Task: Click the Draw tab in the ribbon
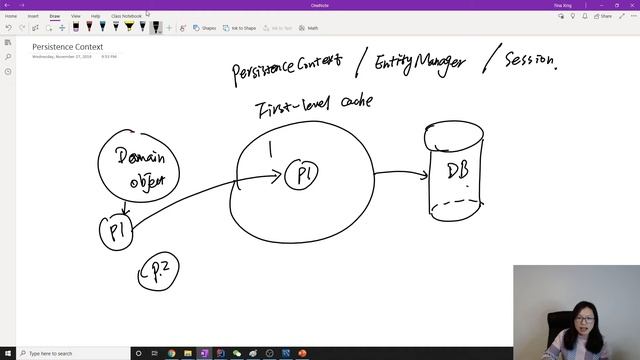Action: pos(55,16)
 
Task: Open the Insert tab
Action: pos(33,16)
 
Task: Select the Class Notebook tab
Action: pos(126,16)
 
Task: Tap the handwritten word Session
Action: pos(529,61)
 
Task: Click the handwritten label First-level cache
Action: pos(314,104)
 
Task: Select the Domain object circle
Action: pos(138,169)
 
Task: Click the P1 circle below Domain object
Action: pos(116,232)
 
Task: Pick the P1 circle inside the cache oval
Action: pos(302,175)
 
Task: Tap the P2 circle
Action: pos(157,273)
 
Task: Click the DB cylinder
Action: pos(455,170)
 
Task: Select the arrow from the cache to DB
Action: pos(398,173)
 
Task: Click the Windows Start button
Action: pos(7,353)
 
